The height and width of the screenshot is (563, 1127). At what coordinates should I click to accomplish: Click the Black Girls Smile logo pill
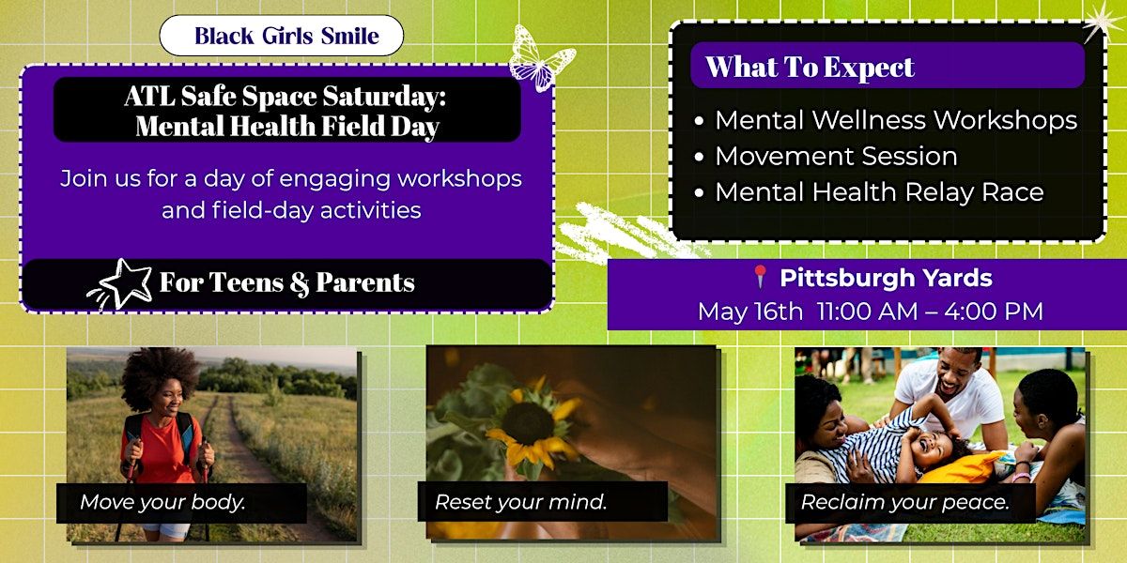[281, 36]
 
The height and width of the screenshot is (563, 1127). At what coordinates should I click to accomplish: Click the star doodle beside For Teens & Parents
[121, 284]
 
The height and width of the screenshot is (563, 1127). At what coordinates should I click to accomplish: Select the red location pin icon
[760, 277]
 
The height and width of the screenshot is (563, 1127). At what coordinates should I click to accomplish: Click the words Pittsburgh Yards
[886, 278]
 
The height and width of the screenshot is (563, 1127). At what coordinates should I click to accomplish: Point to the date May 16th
[750, 312]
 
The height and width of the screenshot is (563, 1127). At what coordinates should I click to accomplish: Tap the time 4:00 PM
[994, 312]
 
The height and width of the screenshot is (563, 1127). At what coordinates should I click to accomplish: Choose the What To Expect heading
[810, 67]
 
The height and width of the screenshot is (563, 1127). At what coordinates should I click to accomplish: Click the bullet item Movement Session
[836, 156]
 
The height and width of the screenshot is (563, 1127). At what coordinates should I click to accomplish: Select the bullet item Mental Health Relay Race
[879, 192]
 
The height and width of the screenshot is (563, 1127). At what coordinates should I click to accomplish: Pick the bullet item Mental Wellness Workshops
[896, 120]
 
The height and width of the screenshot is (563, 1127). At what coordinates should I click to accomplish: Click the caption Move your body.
[162, 502]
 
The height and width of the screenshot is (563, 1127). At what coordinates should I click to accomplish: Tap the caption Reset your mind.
[520, 502]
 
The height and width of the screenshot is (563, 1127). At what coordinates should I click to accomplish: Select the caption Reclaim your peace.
[905, 502]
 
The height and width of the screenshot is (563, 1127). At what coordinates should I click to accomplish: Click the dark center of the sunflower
[528, 423]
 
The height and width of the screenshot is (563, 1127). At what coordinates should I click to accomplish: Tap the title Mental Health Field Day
[287, 126]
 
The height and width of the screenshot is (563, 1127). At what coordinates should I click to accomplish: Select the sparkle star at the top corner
[1102, 21]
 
